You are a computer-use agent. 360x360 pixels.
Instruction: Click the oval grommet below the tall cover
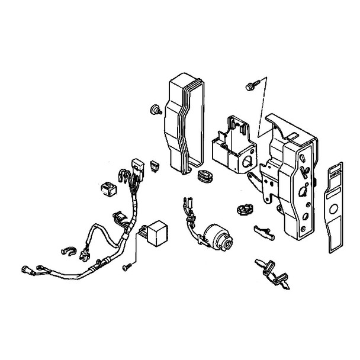[204, 176]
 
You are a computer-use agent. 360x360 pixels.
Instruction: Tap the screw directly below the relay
[126, 268]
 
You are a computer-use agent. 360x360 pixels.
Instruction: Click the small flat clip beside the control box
[261, 228]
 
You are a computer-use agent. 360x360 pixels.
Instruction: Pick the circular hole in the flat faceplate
[333, 210]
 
